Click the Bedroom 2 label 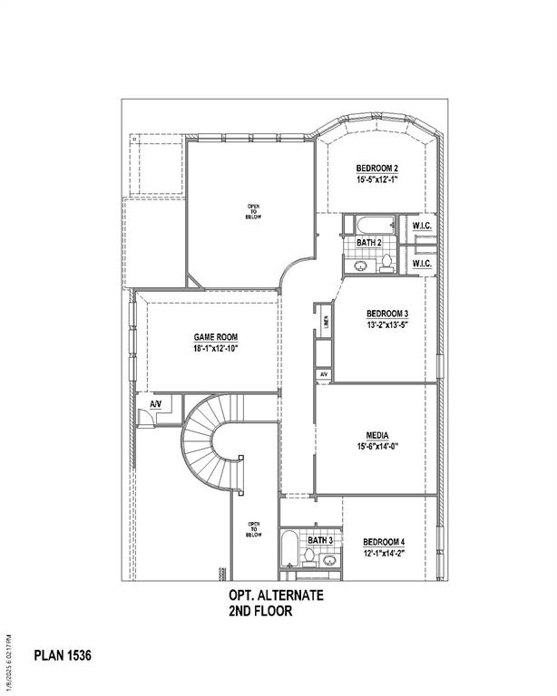(x=376, y=169)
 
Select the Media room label (x=377, y=433)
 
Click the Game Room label (x=216, y=337)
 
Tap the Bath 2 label (x=368, y=243)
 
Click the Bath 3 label (x=319, y=541)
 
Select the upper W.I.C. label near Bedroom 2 (x=421, y=225)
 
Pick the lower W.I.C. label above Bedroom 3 (x=421, y=263)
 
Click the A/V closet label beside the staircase (x=155, y=404)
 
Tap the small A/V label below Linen (x=323, y=374)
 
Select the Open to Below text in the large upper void (x=254, y=212)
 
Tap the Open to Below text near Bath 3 (x=254, y=530)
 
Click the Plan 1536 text (x=63, y=653)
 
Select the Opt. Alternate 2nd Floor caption (x=262, y=604)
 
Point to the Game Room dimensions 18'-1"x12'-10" (x=216, y=349)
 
